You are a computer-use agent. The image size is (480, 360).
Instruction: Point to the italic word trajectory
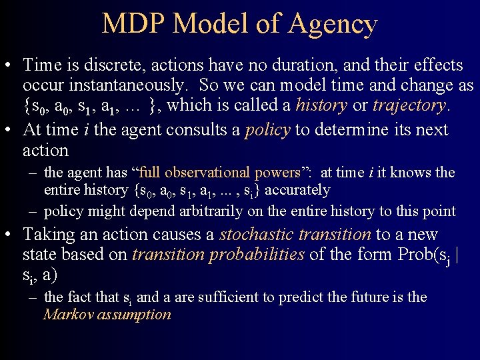(x=409, y=105)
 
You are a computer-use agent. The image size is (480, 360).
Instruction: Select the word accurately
(x=297, y=190)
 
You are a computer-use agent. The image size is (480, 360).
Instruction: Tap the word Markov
(x=68, y=315)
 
